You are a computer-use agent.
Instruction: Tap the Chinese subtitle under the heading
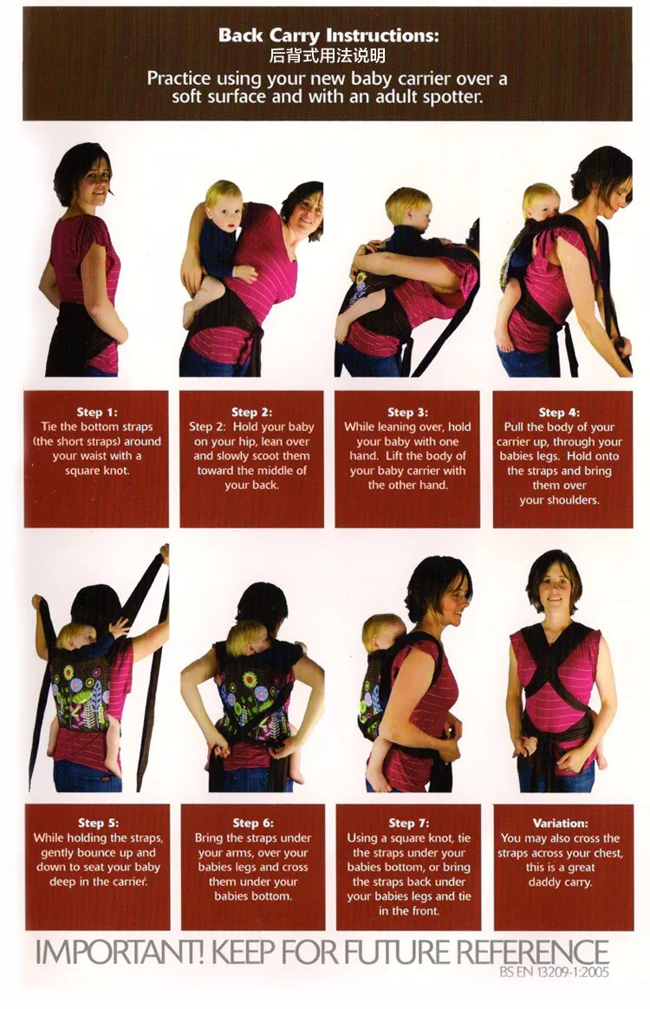coord(328,57)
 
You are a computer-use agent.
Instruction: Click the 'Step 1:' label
coord(95,412)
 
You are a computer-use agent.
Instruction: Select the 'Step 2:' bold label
coord(251,412)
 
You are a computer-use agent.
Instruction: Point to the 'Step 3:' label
coord(406,412)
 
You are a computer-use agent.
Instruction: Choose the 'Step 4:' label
coord(563,412)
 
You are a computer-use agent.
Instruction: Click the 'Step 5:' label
coord(97,823)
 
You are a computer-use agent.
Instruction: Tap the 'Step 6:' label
coord(252,823)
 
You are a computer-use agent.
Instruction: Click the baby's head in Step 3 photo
coord(407,206)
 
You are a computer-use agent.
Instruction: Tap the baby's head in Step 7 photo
coord(382,632)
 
